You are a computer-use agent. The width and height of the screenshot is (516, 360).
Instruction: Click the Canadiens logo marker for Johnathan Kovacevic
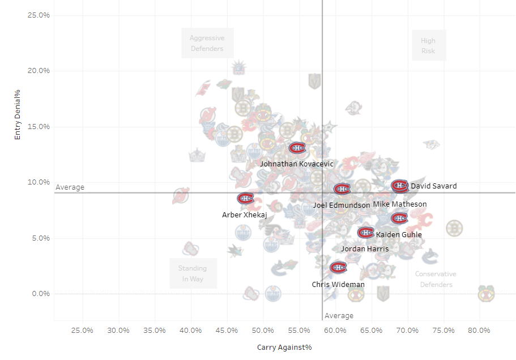coord(297,148)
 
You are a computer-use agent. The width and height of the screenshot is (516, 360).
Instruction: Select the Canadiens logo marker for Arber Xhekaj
coord(246,198)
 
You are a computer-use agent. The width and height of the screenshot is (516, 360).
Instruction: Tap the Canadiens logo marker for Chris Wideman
coord(339,267)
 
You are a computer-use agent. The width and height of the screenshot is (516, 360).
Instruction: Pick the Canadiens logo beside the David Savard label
coord(400,186)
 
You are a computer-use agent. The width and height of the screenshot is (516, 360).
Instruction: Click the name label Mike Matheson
coord(400,204)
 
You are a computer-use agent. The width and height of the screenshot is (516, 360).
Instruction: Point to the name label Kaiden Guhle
coord(399,235)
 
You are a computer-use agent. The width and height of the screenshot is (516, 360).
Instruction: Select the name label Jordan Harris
coord(365,248)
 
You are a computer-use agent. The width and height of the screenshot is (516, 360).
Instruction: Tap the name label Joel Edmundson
coord(341,205)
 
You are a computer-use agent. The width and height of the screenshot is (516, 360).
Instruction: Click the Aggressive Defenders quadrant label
coord(207,44)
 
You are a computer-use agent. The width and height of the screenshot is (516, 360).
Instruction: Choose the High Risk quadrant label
coord(428,46)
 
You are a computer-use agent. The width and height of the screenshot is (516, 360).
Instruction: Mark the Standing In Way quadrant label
coord(193,273)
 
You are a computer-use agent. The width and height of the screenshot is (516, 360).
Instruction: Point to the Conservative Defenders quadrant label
coord(436,279)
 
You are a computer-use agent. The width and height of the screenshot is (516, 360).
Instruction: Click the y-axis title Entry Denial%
coord(18,114)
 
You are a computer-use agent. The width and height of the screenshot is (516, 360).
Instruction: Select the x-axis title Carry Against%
coord(284,347)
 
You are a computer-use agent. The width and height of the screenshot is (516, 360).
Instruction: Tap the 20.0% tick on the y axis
coord(39,71)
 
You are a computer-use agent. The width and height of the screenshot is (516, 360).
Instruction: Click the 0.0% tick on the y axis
coord(40,294)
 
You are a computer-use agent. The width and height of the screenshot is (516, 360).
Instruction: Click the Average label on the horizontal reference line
coord(70,187)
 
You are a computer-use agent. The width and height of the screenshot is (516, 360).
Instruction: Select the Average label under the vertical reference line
coord(339,316)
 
